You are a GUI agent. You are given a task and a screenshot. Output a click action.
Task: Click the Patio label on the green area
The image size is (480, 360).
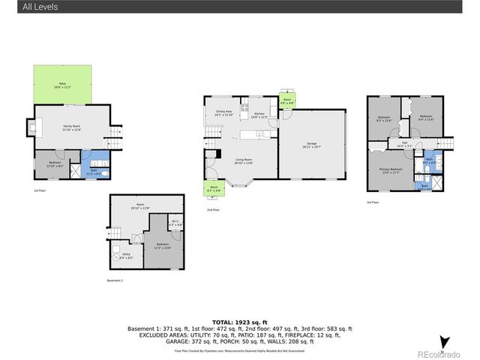coord(63,85)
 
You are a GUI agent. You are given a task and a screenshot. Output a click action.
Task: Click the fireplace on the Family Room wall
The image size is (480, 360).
coord(31,128)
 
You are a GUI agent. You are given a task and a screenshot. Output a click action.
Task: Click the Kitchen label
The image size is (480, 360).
coord(259,115)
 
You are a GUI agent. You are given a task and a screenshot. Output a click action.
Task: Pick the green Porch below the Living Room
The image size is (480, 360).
coord(214,189)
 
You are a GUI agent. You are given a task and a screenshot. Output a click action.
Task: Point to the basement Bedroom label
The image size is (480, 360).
coord(163,246)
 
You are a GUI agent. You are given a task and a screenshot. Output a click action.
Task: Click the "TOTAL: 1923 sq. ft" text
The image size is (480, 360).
coord(239,320)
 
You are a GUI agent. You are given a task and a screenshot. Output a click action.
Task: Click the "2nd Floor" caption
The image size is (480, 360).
coord(213,210)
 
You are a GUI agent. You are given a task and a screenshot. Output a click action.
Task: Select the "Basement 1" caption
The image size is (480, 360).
coord(115,281)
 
